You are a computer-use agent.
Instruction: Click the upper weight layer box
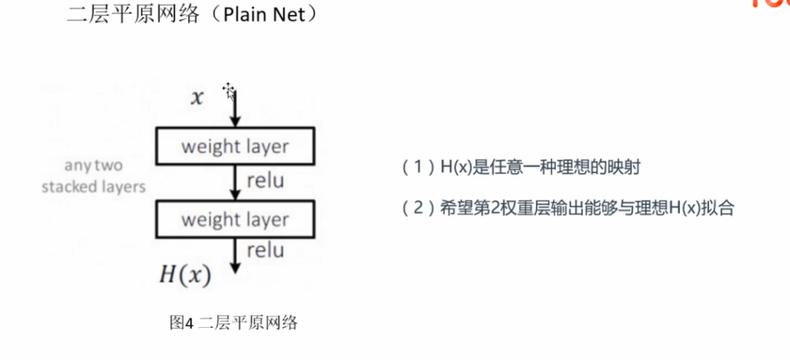click(235, 146)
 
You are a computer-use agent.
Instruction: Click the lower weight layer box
click(235, 220)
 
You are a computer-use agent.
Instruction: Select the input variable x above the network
click(197, 98)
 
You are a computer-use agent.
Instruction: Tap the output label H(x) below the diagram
click(185, 275)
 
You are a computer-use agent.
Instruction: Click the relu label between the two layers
click(266, 180)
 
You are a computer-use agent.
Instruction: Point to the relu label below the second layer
click(266, 251)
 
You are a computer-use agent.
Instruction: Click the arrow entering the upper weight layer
click(235, 110)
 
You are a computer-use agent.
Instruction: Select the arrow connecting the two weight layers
click(235, 182)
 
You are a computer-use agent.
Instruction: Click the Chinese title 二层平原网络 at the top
click(132, 15)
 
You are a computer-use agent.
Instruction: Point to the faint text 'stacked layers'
click(94, 187)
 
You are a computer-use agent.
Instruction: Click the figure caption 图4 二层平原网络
click(233, 322)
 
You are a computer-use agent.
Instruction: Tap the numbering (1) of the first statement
click(414, 168)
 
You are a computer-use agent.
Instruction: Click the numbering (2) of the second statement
click(414, 209)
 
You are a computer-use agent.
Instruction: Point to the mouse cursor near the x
click(229, 90)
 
